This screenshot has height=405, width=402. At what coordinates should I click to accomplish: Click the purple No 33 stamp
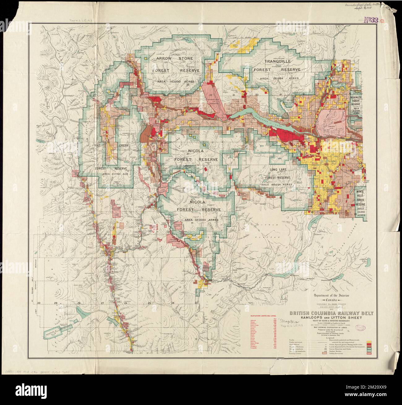pos(371,21)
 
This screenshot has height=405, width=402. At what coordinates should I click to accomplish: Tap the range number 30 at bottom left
pos(39,303)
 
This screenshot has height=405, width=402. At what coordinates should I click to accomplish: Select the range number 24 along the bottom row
pos(173,303)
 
